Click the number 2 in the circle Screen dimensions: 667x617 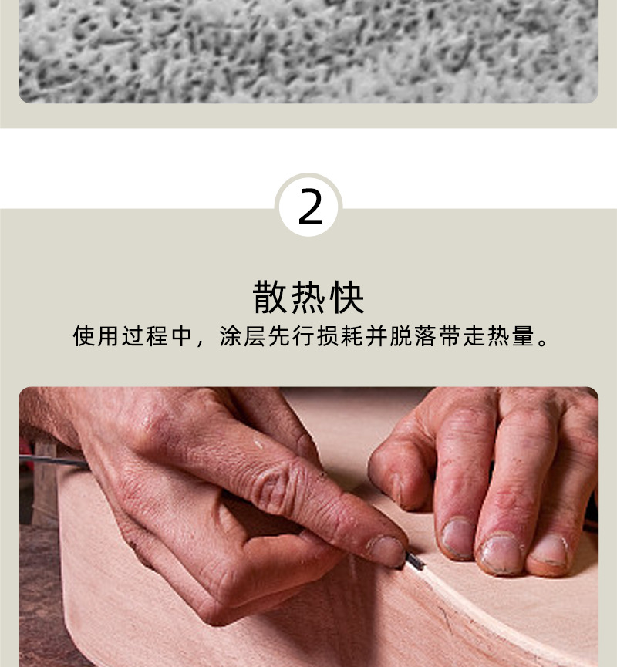(309, 207)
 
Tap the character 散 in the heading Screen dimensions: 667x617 (270, 298)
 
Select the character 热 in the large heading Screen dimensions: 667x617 (308, 298)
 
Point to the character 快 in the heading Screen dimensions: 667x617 (347, 298)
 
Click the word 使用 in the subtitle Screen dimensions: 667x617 (96, 337)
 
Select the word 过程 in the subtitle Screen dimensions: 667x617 (145, 337)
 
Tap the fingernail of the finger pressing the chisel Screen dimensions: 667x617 (386, 549)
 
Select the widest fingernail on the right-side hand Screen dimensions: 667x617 (501, 552)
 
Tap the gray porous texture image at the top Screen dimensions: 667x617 (308, 50)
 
